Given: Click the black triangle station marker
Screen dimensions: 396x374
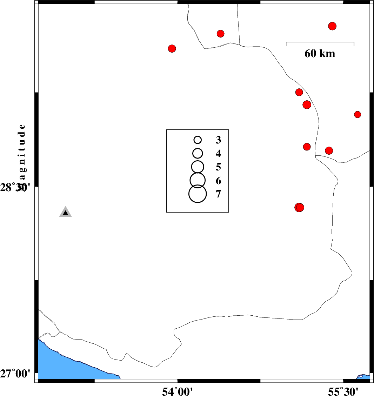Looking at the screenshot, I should [65, 213].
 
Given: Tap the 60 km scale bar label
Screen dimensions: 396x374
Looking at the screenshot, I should [320, 54].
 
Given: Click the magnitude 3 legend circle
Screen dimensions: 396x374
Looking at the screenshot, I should [198, 140].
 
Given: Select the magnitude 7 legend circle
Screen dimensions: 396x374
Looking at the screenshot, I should [198, 194].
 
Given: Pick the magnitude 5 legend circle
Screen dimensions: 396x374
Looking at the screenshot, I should [198, 166].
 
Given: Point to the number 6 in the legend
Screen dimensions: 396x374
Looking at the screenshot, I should [218, 181].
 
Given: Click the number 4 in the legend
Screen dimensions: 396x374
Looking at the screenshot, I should [218, 154].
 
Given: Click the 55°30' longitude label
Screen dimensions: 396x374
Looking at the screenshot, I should [343, 391].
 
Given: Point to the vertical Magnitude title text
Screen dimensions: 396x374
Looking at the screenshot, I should [22, 154].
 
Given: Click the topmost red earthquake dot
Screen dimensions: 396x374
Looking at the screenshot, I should [332, 26].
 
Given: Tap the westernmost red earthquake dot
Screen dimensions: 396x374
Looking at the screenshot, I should [172, 48].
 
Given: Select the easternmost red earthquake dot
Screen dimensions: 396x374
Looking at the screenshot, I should [358, 114].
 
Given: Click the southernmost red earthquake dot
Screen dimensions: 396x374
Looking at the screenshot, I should [299, 207].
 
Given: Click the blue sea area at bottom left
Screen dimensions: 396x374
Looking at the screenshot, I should [63, 365].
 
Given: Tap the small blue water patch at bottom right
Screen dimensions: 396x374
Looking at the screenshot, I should [364, 377].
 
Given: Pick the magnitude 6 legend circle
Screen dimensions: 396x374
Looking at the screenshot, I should [198, 180].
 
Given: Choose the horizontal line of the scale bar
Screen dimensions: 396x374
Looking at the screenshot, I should [320, 42].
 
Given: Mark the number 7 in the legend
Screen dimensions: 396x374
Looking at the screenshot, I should [218, 194].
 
